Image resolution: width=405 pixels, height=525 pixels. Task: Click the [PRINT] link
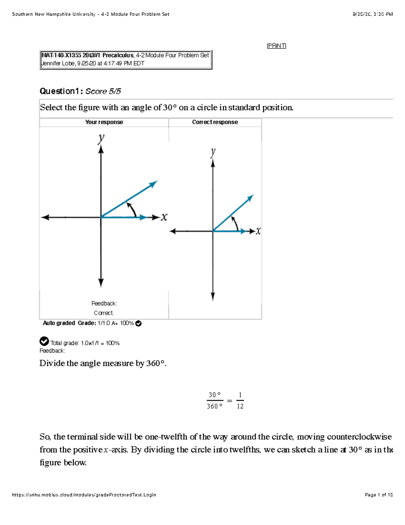[x=276, y=46]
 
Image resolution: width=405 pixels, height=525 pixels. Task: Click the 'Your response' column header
[x=104, y=122]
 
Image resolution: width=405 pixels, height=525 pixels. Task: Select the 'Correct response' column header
[x=215, y=122]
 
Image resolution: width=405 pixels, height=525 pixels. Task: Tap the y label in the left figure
[x=101, y=138]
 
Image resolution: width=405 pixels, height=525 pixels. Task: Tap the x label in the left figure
[x=164, y=217]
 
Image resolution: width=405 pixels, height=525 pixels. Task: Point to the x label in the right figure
[x=258, y=231]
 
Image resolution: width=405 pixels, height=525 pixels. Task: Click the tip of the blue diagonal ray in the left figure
[x=156, y=182]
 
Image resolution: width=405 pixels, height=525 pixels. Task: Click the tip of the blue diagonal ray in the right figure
[x=252, y=196]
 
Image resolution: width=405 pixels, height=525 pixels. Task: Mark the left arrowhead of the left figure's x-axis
[x=43, y=217]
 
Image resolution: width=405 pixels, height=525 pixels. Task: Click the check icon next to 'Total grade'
[x=44, y=341]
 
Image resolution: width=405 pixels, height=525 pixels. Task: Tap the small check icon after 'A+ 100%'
[x=138, y=324]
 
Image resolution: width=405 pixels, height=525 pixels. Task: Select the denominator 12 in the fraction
[x=240, y=406]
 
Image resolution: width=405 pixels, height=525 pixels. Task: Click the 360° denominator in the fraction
[x=215, y=406]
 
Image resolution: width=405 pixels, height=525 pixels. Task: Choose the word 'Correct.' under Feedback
[x=104, y=313]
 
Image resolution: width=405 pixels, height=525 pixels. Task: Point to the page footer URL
[x=84, y=495]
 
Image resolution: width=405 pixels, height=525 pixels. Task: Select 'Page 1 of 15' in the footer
[x=379, y=495]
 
